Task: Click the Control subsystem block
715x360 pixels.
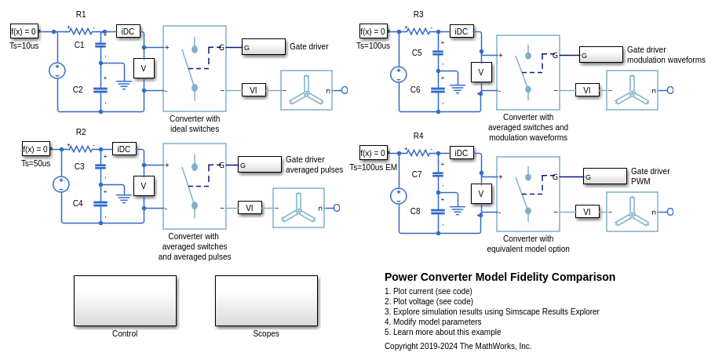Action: click(125, 300)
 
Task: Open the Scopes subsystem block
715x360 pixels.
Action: click(266, 300)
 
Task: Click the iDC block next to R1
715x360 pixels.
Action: click(128, 31)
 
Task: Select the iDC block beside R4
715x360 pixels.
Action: click(461, 153)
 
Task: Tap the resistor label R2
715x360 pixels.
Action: click(81, 132)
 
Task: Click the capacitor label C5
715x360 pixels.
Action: click(416, 53)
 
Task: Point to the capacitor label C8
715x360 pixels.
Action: click(415, 211)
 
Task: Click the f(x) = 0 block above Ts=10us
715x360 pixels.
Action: click(24, 31)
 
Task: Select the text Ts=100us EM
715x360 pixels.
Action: click(374, 167)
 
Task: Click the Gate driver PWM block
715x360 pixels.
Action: click(604, 176)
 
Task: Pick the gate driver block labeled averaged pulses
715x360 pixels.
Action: click(259, 164)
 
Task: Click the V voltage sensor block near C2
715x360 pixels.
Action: click(144, 68)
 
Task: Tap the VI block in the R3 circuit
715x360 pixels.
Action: click(587, 90)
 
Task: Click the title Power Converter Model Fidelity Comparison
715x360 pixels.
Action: click(499, 277)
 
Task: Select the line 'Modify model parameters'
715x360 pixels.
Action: click(432, 322)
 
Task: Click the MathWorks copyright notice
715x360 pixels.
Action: click(458, 346)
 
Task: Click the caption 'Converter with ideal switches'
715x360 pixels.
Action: click(195, 124)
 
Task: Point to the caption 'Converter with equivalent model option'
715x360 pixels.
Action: click(528, 244)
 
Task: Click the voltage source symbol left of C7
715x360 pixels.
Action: click(399, 196)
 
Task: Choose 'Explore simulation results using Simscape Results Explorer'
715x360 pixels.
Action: click(491, 311)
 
